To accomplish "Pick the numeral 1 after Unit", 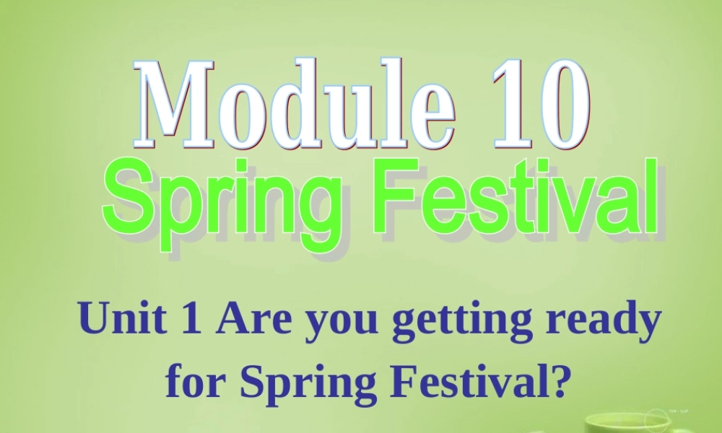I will [190, 319].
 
